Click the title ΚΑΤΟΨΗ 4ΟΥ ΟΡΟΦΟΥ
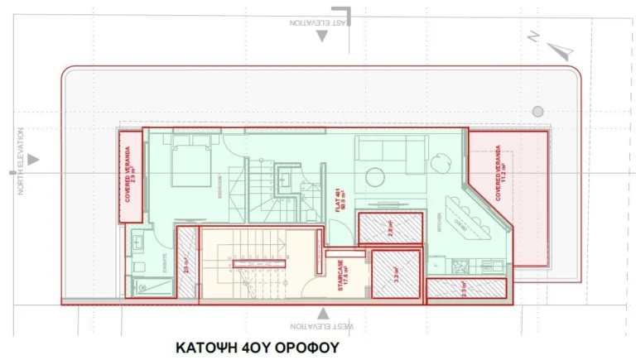point(257,348)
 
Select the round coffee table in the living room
point(376,177)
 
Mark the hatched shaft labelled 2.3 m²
point(465,289)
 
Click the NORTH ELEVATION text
point(22,161)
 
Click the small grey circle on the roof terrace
point(537,111)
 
